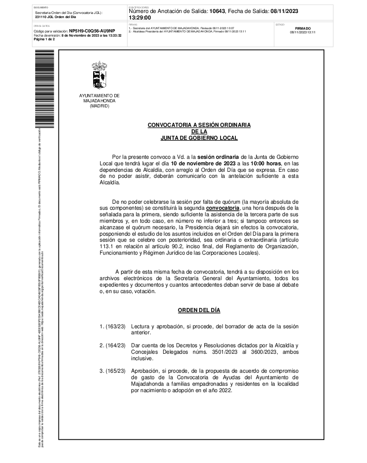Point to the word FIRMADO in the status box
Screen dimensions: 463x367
coord(303,28)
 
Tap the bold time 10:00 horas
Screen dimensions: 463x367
coord(266,163)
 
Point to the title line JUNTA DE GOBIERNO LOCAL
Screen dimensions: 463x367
coord(199,138)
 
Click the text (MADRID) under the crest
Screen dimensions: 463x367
coord(100,106)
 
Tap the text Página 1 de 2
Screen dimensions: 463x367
coord(44,39)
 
